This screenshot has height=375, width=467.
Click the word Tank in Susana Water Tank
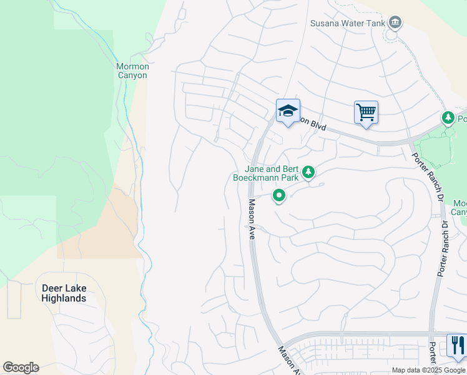coord(373,24)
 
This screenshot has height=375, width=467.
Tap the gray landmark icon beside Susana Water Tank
coord(395,23)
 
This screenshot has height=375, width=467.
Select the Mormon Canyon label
coord(132,71)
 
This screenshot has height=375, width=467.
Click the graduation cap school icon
coord(288,111)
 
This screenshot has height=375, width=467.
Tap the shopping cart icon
coord(366,112)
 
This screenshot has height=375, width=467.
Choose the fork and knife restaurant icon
coord(457,345)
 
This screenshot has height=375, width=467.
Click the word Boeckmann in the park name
coord(255,177)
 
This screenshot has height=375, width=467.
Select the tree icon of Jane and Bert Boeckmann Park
coord(308,171)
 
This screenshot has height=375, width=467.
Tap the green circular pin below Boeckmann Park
coord(279,196)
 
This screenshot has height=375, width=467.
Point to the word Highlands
coord(64,298)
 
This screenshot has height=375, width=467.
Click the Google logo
coord(21,367)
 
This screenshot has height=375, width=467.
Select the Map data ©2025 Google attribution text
coord(428,370)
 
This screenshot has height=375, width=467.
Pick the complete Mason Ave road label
coord(252,219)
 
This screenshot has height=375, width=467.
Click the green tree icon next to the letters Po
coord(448,117)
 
